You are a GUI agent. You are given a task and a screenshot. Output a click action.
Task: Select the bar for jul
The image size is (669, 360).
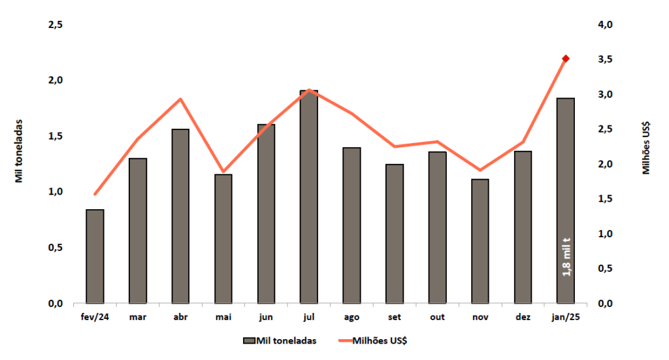point(309,197)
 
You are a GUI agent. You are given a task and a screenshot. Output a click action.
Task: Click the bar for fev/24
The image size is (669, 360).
point(95,256)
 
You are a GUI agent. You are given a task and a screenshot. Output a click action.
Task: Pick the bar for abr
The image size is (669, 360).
point(180,216)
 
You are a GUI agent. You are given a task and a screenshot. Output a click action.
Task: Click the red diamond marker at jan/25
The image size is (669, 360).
point(566,59)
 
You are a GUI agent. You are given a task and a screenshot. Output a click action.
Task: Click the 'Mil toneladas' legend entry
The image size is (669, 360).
point(280,340)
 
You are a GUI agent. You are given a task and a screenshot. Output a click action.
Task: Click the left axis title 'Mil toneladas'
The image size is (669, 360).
point(19,150)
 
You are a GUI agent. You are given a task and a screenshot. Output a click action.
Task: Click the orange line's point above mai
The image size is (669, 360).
point(223,171)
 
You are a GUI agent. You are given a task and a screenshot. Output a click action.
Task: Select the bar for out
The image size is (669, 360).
point(438,227)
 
